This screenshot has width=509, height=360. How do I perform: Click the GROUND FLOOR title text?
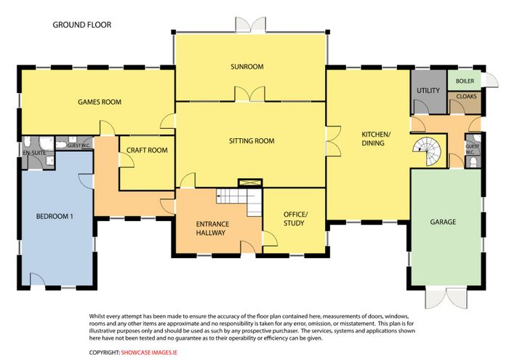tap(81, 25)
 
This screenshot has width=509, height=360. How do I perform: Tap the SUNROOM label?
tap(247, 67)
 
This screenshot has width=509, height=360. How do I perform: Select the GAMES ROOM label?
tap(100, 102)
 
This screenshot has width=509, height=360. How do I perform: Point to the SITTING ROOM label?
tap(252, 141)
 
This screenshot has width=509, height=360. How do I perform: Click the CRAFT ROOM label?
tap(147, 151)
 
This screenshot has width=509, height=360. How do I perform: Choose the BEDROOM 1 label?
tap(55, 216)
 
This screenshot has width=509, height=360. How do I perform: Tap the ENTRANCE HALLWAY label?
tap(212, 228)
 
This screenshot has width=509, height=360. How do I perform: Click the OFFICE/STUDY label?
tap(295, 218)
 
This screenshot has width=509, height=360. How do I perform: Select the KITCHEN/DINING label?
tap(375, 139)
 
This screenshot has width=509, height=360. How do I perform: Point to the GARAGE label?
tap(443, 222)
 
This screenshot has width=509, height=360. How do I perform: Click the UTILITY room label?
tap(428, 91)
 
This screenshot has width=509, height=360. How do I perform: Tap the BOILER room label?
tap(465, 81)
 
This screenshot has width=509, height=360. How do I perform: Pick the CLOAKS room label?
tap(467, 97)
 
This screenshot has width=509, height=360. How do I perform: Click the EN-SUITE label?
tap(34, 153)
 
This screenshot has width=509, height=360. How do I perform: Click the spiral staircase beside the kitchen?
tap(428, 151)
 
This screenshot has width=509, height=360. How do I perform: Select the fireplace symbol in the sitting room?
tap(250, 183)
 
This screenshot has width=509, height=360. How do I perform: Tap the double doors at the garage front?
tap(446, 297)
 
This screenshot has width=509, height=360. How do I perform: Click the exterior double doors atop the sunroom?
tap(251, 25)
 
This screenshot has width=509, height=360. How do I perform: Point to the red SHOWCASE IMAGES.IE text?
tap(149, 353)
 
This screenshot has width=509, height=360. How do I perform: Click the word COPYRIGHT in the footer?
tap(105, 353)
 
